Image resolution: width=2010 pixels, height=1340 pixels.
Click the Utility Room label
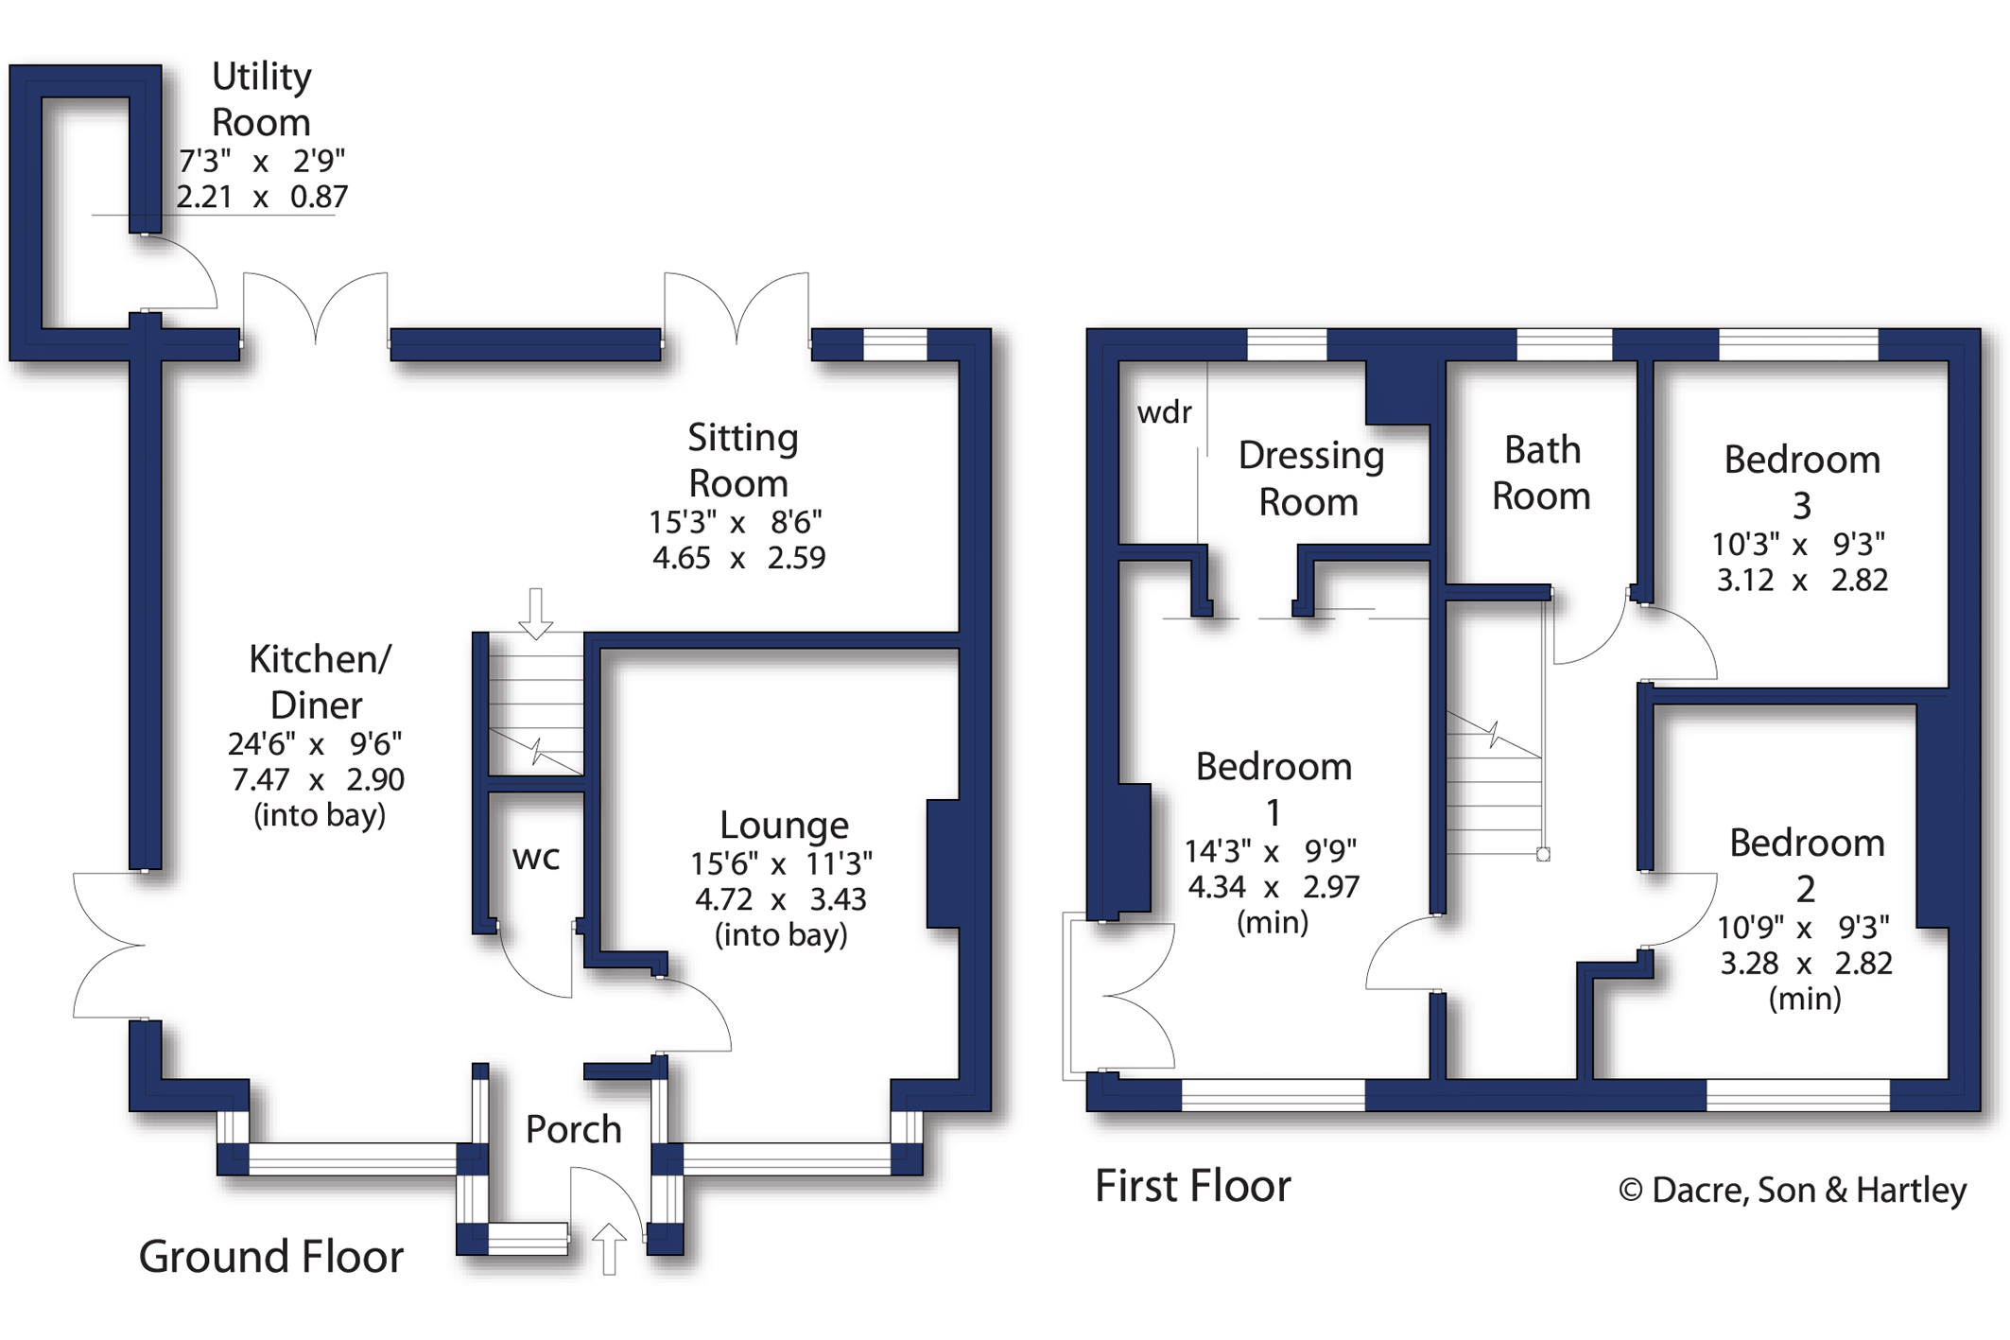(x=261, y=99)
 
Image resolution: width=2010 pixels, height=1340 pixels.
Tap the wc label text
(x=536, y=858)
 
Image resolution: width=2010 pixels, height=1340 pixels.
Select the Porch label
(x=573, y=1129)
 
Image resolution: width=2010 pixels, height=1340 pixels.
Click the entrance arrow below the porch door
(x=609, y=1248)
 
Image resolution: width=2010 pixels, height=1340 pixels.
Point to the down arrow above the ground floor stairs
(x=536, y=614)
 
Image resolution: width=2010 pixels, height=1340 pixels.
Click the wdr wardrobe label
(x=1164, y=412)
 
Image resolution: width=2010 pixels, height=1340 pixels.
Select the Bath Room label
(x=1541, y=473)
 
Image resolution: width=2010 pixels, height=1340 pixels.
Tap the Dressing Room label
(x=1310, y=479)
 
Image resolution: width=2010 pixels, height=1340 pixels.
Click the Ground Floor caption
(x=270, y=1257)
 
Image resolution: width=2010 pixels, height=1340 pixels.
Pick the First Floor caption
(x=1192, y=1186)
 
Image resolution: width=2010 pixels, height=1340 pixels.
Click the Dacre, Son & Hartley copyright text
(x=1793, y=1190)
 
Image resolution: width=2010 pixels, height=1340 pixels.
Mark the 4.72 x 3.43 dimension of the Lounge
(x=781, y=899)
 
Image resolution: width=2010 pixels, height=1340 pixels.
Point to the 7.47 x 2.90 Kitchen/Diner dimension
(x=318, y=780)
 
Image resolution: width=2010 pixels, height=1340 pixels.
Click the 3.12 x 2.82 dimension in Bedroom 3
(x=1802, y=580)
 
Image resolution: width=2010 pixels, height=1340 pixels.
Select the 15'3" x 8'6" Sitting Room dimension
(x=736, y=522)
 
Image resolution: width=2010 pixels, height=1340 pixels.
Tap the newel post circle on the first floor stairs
(x=1543, y=855)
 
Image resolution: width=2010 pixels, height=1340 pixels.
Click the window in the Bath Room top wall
(x=1564, y=345)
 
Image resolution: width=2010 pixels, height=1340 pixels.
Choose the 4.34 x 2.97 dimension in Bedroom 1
(x=1273, y=887)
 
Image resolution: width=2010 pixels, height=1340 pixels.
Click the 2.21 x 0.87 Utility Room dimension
(x=262, y=197)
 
